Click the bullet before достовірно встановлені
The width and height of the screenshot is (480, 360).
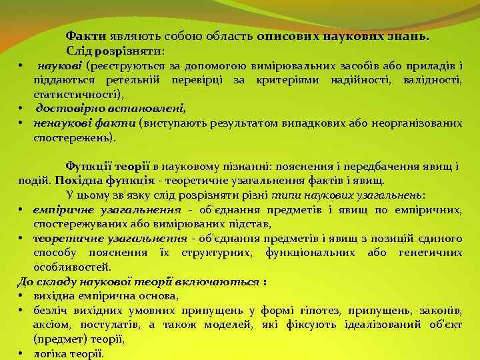click(x=21, y=109)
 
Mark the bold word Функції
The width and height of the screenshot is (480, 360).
click(x=87, y=166)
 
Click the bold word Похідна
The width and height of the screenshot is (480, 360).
click(x=77, y=181)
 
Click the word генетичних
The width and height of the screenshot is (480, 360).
click(x=430, y=253)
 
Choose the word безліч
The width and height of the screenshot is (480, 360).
click(x=50, y=310)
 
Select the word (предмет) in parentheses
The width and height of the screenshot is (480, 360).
click(x=58, y=339)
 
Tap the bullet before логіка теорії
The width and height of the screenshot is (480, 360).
click(x=21, y=354)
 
